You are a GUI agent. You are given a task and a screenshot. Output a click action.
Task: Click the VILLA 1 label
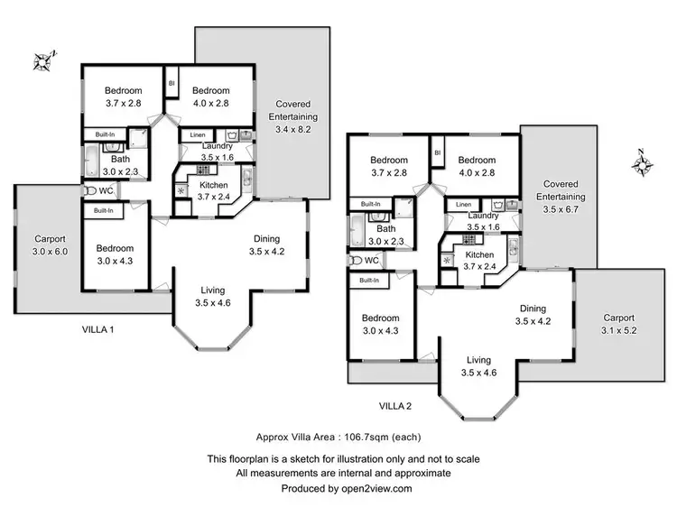point(97,329)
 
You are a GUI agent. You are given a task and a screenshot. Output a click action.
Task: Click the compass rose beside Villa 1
point(43,61)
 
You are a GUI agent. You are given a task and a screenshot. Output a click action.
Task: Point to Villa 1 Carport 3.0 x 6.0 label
point(51,244)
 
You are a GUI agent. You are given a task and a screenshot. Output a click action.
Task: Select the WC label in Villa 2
point(371,260)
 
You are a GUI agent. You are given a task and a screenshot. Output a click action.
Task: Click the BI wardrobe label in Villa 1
point(172,84)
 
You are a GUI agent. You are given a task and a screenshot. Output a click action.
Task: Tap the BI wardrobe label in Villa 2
point(437,153)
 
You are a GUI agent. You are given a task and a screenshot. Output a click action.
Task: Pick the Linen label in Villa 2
point(463,205)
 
